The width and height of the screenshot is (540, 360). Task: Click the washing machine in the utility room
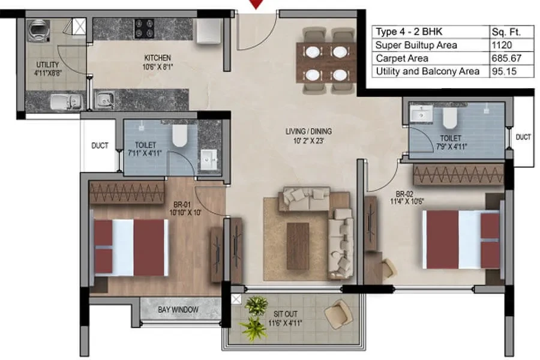(38, 31)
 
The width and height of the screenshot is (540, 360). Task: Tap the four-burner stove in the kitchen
(144, 29)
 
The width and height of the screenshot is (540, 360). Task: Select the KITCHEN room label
(157, 58)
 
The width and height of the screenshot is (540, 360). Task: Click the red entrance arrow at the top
(256, 4)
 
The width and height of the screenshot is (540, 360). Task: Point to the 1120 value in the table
(502, 45)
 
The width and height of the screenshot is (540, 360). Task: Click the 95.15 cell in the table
(504, 71)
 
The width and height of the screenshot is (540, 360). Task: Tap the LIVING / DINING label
(308, 131)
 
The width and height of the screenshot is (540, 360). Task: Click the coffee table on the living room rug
(298, 246)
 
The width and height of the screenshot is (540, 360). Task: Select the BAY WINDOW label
(178, 310)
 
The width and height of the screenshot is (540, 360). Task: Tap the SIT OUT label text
(285, 314)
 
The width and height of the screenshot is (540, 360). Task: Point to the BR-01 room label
(182, 205)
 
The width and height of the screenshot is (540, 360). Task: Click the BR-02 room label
(404, 194)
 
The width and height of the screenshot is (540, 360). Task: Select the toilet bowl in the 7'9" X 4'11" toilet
(449, 118)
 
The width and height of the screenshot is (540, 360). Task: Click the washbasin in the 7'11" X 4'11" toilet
(209, 160)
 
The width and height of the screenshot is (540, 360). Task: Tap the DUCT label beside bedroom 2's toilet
(523, 137)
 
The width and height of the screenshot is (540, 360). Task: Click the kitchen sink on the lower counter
(104, 100)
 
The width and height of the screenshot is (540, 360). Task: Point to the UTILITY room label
(47, 65)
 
